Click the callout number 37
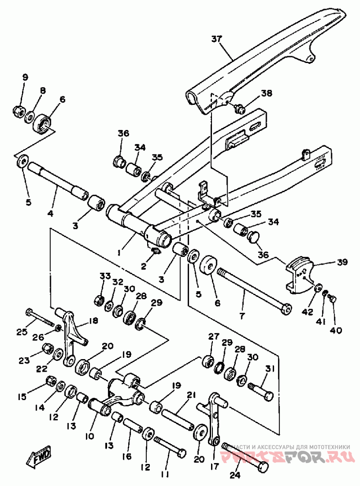217,39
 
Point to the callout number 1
119,253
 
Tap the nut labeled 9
19,109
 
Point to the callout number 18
94,320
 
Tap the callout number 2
144,266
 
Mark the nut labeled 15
51,382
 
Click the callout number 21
191,395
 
